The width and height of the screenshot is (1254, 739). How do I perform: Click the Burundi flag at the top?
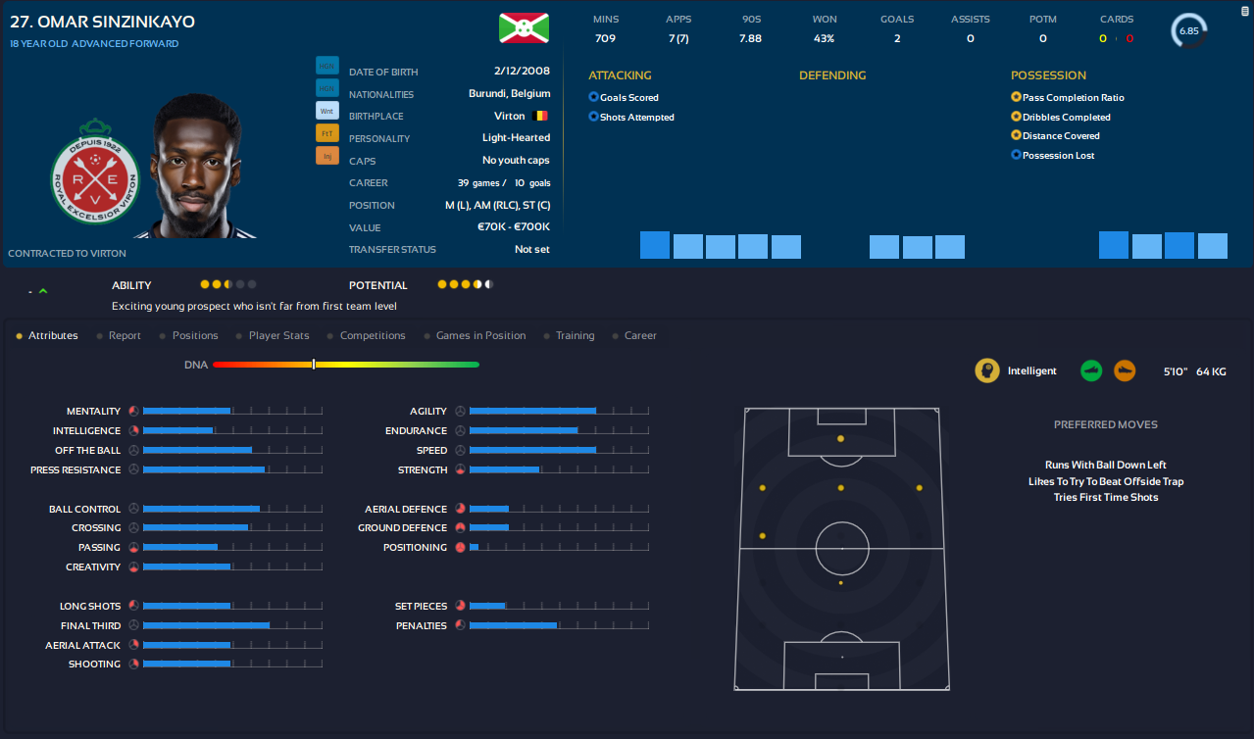click(522, 27)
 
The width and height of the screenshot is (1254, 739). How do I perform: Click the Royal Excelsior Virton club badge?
click(95, 172)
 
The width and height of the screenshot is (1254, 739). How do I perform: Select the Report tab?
click(125, 335)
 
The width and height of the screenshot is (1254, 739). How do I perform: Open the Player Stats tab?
click(278, 335)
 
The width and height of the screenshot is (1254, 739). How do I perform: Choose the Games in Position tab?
click(480, 335)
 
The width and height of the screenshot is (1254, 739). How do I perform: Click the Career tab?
click(640, 335)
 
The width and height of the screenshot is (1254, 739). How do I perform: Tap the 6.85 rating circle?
click(1188, 30)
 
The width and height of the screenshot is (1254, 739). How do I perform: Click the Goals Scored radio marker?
click(593, 97)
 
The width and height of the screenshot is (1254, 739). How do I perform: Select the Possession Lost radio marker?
click(1017, 155)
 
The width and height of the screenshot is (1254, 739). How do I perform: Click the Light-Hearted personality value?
click(516, 138)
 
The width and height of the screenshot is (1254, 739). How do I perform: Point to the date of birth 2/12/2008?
click(523, 72)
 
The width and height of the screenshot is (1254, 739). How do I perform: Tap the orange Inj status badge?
click(326, 155)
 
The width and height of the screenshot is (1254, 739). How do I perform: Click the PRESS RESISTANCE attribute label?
click(75, 470)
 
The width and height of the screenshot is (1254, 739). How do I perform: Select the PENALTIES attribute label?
click(421, 626)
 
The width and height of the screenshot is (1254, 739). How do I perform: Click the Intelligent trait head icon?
click(987, 370)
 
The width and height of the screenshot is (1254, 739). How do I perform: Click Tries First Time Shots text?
click(1105, 498)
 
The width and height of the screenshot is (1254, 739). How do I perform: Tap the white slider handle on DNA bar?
click(314, 365)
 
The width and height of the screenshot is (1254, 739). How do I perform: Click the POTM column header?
click(1042, 20)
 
